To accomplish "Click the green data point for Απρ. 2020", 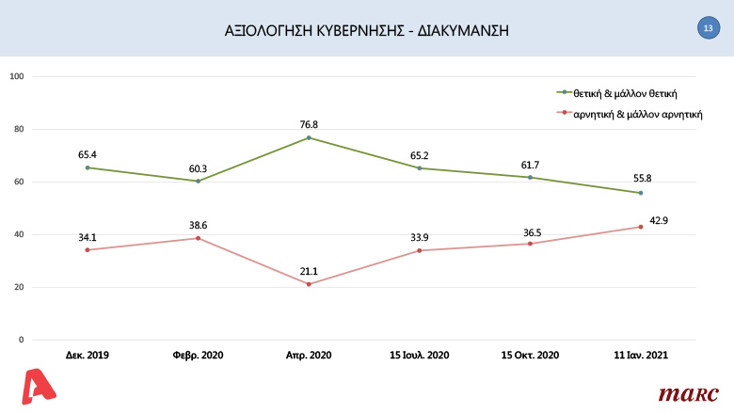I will pyautogui.click(x=309, y=138).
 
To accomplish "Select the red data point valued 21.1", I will pyautogui.click(x=309, y=284).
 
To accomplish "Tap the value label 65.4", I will pyautogui.click(x=88, y=152).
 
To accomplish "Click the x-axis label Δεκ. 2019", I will pyautogui.click(x=88, y=357).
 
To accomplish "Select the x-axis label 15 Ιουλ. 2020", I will pyautogui.click(x=419, y=357).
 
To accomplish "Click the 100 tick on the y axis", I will pyautogui.click(x=16, y=76).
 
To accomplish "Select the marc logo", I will pyautogui.click(x=688, y=392).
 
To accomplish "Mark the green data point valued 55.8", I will pyautogui.click(x=640, y=193).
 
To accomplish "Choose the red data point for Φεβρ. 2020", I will pyautogui.click(x=198, y=238).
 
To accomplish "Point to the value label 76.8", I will pyautogui.click(x=309, y=123).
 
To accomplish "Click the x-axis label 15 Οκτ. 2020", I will pyautogui.click(x=530, y=357).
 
